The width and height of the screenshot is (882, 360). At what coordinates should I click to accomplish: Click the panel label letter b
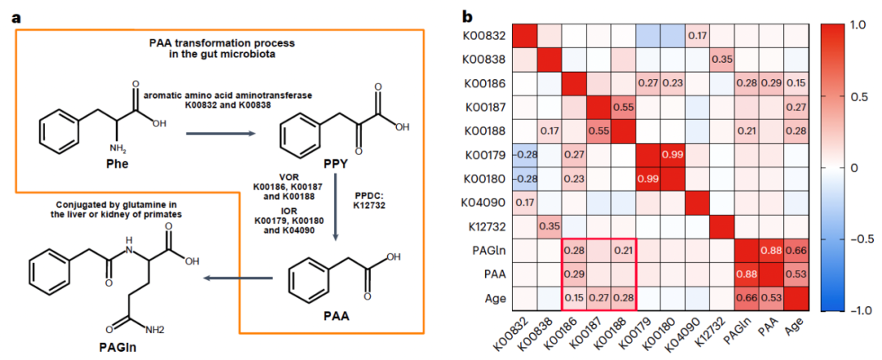(468, 16)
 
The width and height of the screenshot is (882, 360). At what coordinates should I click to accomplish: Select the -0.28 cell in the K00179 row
(525, 153)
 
